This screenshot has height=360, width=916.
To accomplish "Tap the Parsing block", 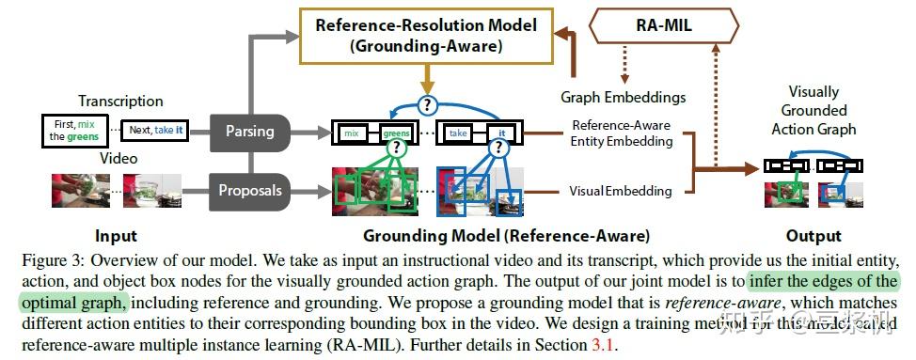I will [249, 132].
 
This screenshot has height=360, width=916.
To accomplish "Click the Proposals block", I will [249, 190].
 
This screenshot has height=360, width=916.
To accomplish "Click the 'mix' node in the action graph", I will [354, 133].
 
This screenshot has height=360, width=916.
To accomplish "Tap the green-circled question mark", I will [397, 149].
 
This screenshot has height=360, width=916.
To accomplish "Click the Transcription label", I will [120, 101].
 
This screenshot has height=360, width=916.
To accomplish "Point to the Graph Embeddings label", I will [623, 97].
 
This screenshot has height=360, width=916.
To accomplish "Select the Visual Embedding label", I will [621, 191].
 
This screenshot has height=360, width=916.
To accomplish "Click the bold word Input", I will [116, 236].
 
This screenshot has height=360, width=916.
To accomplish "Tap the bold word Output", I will [813, 236].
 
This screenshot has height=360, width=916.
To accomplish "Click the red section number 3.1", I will [606, 346].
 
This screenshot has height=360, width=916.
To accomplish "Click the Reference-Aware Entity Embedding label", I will [622, 133].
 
